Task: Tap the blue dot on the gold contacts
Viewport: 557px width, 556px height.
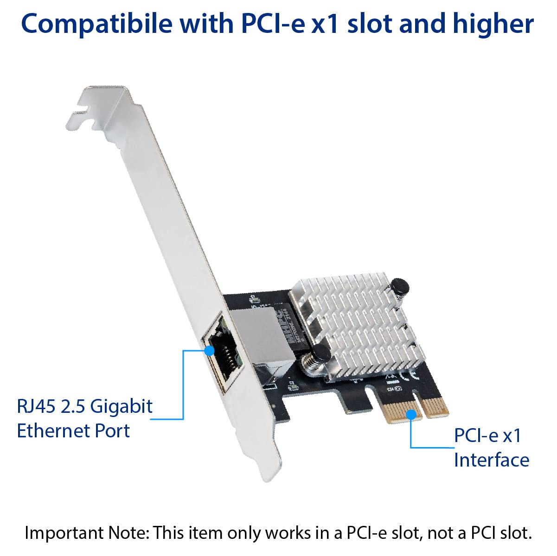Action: [411, 415]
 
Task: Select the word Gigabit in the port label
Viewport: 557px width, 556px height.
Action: [121, 406]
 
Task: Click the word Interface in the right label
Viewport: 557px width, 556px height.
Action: [491, 460]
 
